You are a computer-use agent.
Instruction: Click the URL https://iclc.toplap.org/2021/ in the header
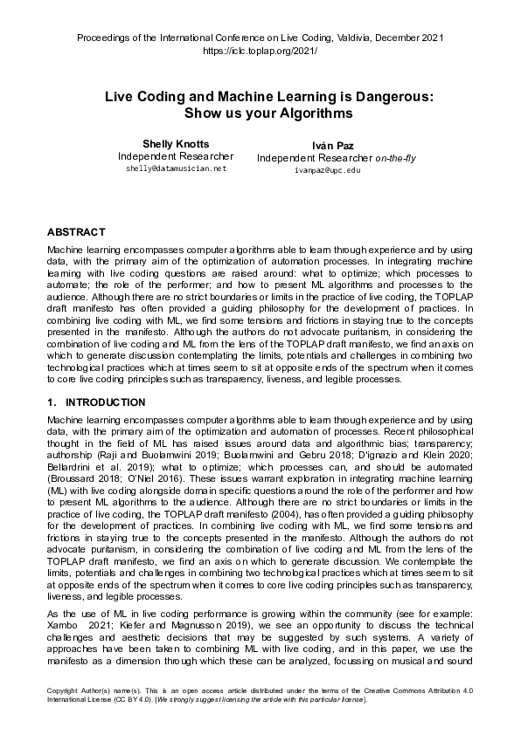[260, 52]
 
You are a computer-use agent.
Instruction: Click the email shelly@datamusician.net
[176, 168]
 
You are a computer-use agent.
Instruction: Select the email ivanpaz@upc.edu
[328, 170]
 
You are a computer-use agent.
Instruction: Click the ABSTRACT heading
[75, 232]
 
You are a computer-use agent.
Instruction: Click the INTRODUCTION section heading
[106, 402]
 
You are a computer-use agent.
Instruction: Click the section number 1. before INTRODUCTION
[50, 402]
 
